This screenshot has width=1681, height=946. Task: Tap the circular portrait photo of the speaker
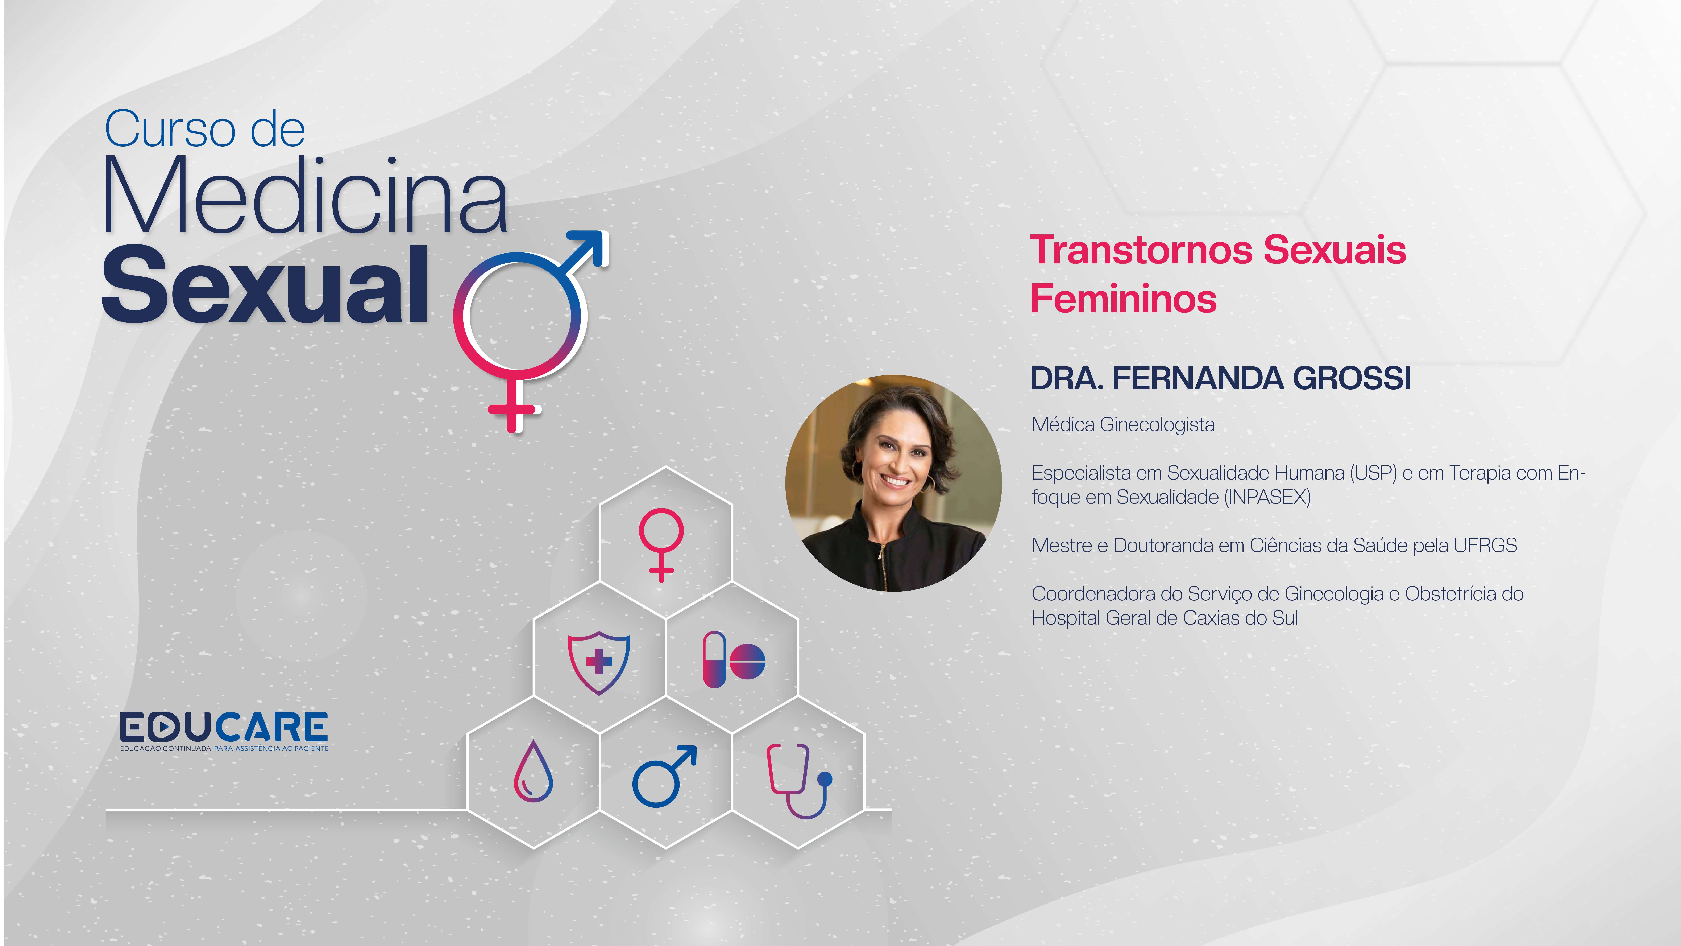(x=893, y=483)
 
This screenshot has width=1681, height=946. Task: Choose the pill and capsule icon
(x=734, y=659)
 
